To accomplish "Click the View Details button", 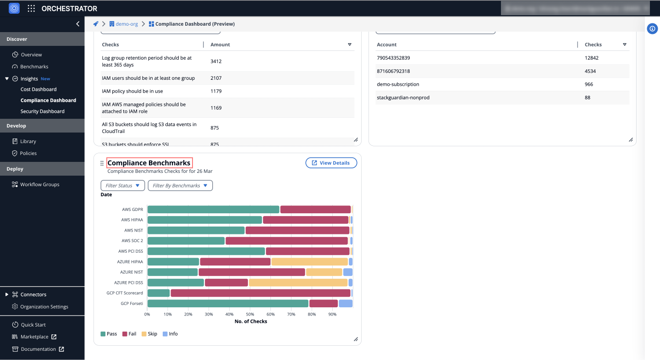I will tap(331, 163).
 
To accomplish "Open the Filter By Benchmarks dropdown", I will tap(180, 186).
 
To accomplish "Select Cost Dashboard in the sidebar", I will tap(38, 89).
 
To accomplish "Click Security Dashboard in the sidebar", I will tap(42, 111).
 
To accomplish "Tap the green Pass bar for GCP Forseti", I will tap(228, 304).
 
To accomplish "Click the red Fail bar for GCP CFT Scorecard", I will tap(260, 293).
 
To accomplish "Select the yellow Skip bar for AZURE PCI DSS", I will tap(298, 282).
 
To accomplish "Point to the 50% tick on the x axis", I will tap(250, 315).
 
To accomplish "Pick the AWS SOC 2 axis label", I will tap(132, 241).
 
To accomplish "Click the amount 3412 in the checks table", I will tap(216, 61).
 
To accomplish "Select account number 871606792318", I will tap(393, 71).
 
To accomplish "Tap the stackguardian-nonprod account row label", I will tap(403, 98).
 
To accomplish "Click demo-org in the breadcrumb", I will tap(126, 24).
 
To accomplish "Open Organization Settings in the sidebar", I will tap(44, 307).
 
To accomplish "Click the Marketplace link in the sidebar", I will tap(34, 337).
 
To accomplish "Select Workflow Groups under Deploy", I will tap(39, 184).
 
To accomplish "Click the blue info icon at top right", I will tap(652, 28).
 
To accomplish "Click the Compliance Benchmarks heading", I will tap(149, 163).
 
